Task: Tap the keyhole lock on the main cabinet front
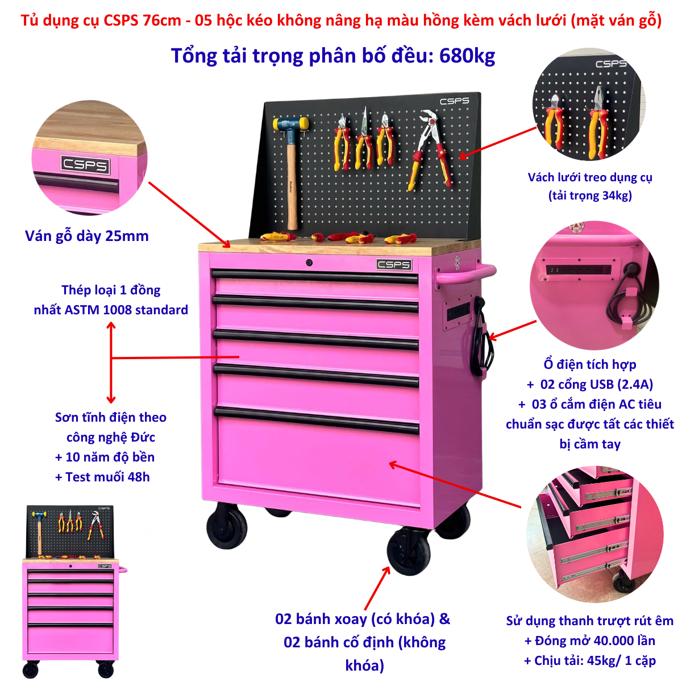pos(309,263)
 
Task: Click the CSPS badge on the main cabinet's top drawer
pos(393,264)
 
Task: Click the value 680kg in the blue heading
pos(467,56)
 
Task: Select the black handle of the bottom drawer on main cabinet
pos(317,421)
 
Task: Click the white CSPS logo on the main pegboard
pos(454,101)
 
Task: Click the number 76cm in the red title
pos(162,20)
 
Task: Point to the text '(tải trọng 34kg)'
pos(590,196)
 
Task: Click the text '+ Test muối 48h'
pos(102,477)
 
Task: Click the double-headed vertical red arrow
pos(111,363)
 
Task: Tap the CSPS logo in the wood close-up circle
pos(85,165)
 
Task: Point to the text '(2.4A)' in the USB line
pos(635,384)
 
